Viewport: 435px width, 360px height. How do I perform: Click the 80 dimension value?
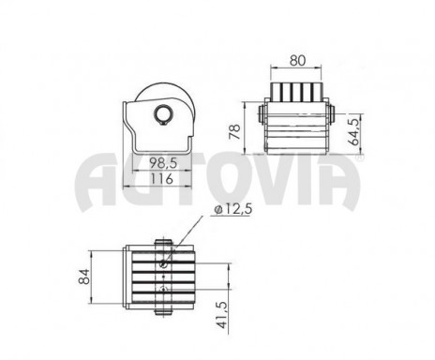[x=297, y=60]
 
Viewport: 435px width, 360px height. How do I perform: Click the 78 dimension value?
[x=235, y=131]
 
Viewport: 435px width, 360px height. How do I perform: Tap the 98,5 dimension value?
[x=163, y=163]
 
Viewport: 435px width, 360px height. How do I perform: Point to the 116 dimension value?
[x=161, y=179]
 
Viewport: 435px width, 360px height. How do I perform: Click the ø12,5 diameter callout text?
[x=233, y=209]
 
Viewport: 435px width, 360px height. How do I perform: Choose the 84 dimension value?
[x=84, y=277]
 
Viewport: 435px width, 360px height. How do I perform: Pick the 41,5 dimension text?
[x=221, y=315]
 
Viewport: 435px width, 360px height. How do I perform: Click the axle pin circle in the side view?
[x=163, y=114]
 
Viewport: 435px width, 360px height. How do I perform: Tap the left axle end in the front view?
[x=262, y=114]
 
